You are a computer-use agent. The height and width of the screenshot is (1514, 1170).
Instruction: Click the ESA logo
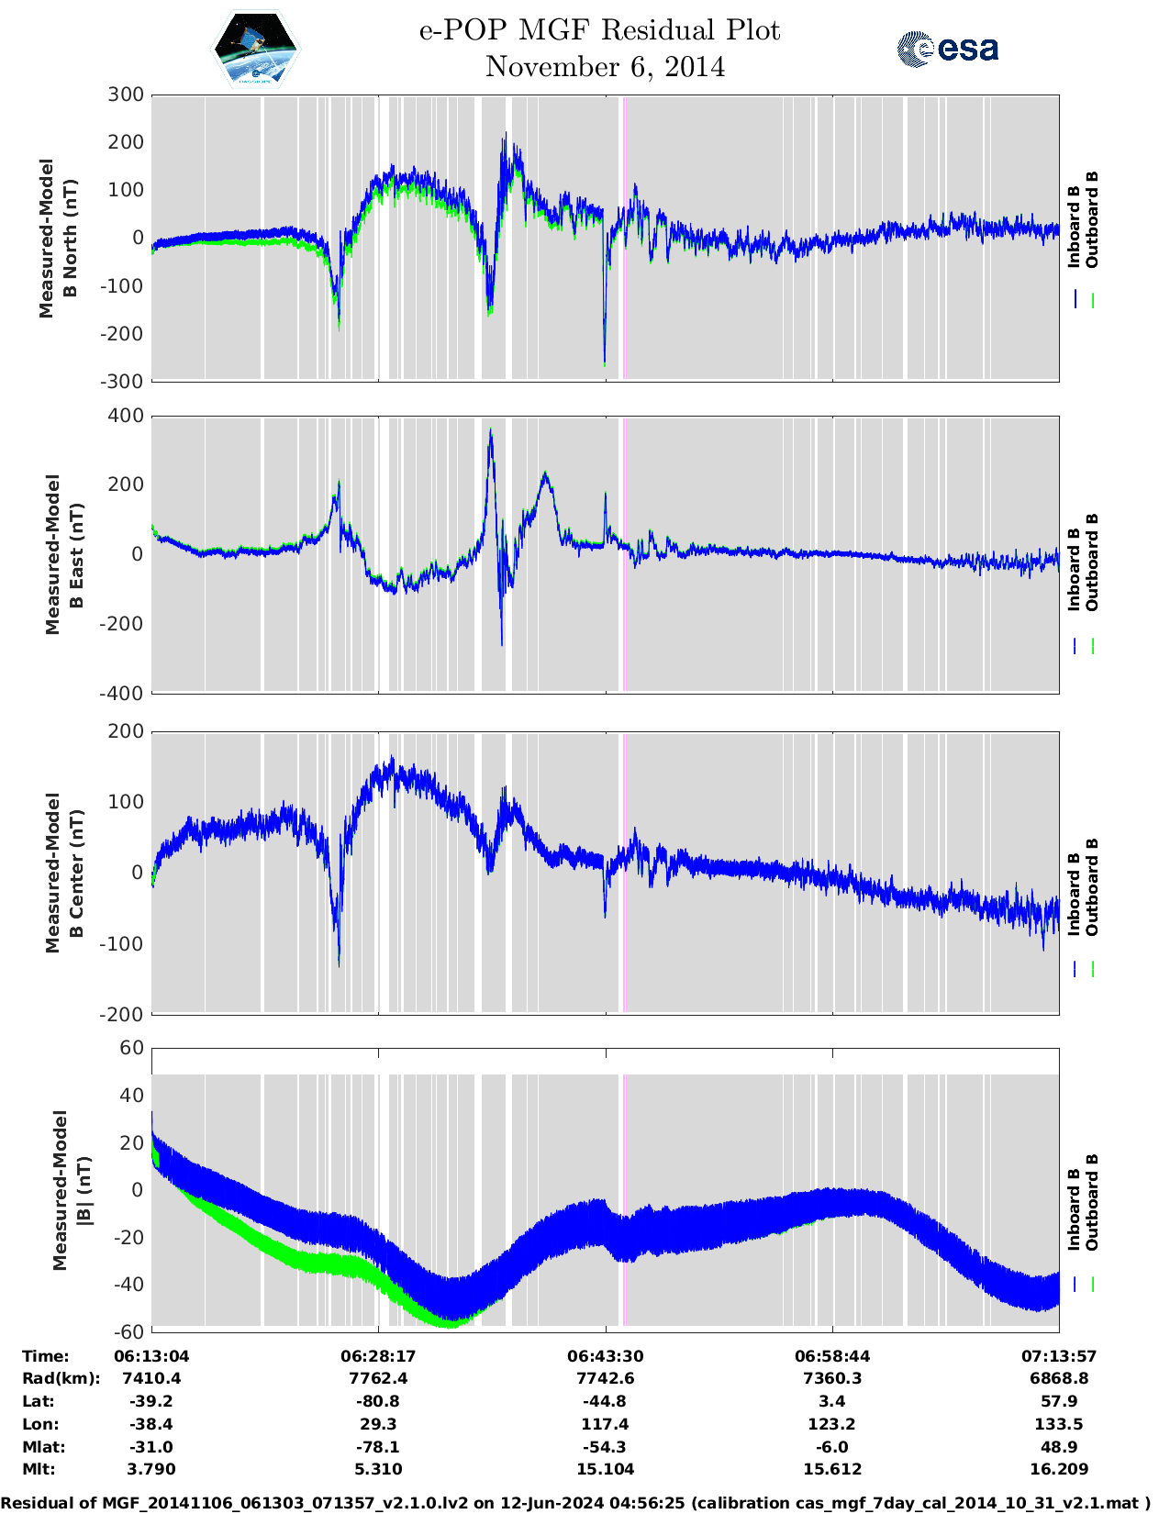(947, 49)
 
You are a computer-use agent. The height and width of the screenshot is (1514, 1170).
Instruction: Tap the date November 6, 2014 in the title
(605, 67)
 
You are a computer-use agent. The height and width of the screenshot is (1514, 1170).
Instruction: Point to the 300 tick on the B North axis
(127, 95)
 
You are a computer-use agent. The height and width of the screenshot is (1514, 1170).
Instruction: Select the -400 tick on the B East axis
(125, 694)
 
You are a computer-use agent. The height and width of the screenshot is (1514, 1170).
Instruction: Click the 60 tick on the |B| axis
(132, 1048)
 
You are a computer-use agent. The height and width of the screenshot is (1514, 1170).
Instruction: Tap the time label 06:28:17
(378, 1355)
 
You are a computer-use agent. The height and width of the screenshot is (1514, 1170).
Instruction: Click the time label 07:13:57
(1059, 1355)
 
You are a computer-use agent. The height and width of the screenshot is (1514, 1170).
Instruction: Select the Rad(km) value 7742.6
(605, 1378)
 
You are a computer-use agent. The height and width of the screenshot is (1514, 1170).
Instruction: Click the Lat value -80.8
(378, 1401)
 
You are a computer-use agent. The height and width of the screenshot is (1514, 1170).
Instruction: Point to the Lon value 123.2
(832, 1424)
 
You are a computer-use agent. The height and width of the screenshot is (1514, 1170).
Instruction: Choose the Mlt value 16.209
(1059, 1469)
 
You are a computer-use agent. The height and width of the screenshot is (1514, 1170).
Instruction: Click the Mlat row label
(40, 1447)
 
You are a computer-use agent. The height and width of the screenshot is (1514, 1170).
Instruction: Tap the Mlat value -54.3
(605, 1447)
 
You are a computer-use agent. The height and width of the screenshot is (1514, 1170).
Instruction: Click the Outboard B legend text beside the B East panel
(1092, 562)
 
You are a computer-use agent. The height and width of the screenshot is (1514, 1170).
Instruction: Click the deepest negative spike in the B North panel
(604, 363)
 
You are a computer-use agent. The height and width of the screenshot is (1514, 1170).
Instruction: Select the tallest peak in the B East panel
(491, 429)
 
